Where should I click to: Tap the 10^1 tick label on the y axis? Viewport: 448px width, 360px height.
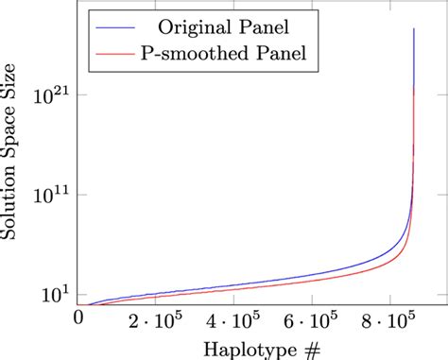pyautogui.click(x=52, y=295)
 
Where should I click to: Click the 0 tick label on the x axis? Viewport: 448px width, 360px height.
pyautogui.click(x=78, y=317)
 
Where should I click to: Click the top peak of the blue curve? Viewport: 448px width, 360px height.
pyautogui.click(x=415, y=29)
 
